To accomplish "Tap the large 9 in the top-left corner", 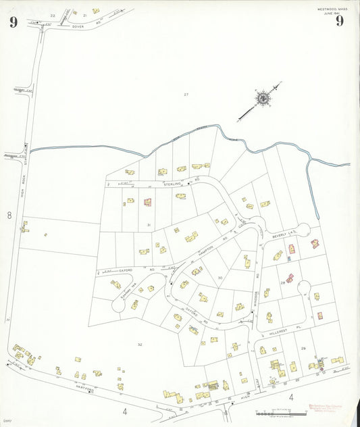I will [x=13, y=21].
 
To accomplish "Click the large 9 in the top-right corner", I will [x=338, y=20].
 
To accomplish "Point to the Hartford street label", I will [x=84, y=391].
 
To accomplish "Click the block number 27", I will [x=186, y=94].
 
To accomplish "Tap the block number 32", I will [x=140, y=345].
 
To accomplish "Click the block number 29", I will [x=303, y=347].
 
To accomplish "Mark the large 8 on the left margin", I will [x=9, y=216].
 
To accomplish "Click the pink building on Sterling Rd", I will [x=147, y=202].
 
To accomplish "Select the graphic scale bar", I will [x=276, y=412].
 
